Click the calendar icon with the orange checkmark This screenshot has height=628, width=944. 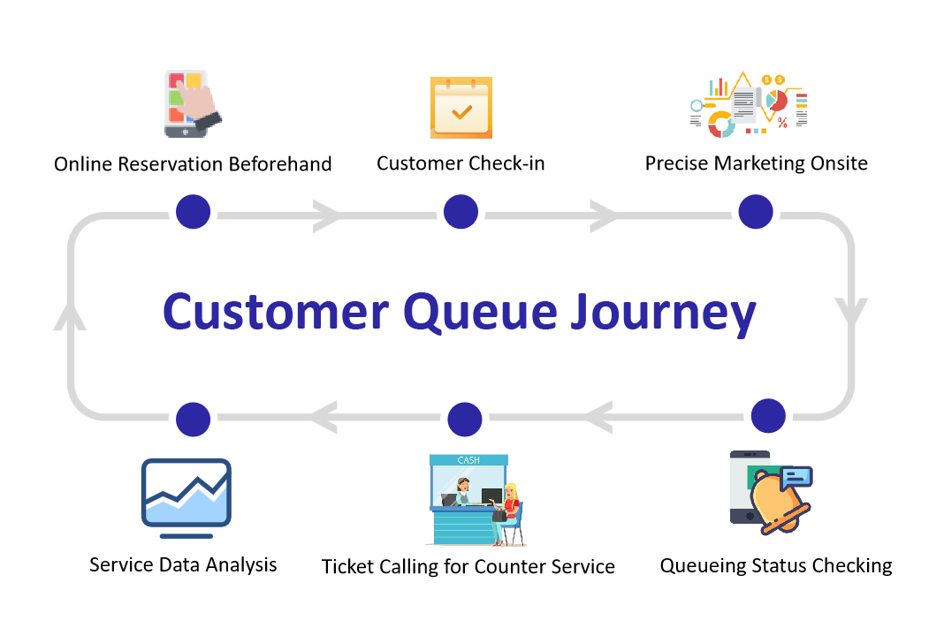(x=461, y=108)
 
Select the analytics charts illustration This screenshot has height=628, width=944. (x=748, y=106)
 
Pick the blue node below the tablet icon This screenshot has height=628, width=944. (x=193, y=212)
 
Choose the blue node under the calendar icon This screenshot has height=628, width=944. (x=460, y=212)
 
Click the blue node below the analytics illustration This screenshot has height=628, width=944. (x=756, y=212)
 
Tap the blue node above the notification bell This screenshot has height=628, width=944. (x=767, y=415)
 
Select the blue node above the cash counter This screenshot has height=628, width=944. (x=464, y=419)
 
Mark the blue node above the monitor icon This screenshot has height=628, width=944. (x=193, y=420)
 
